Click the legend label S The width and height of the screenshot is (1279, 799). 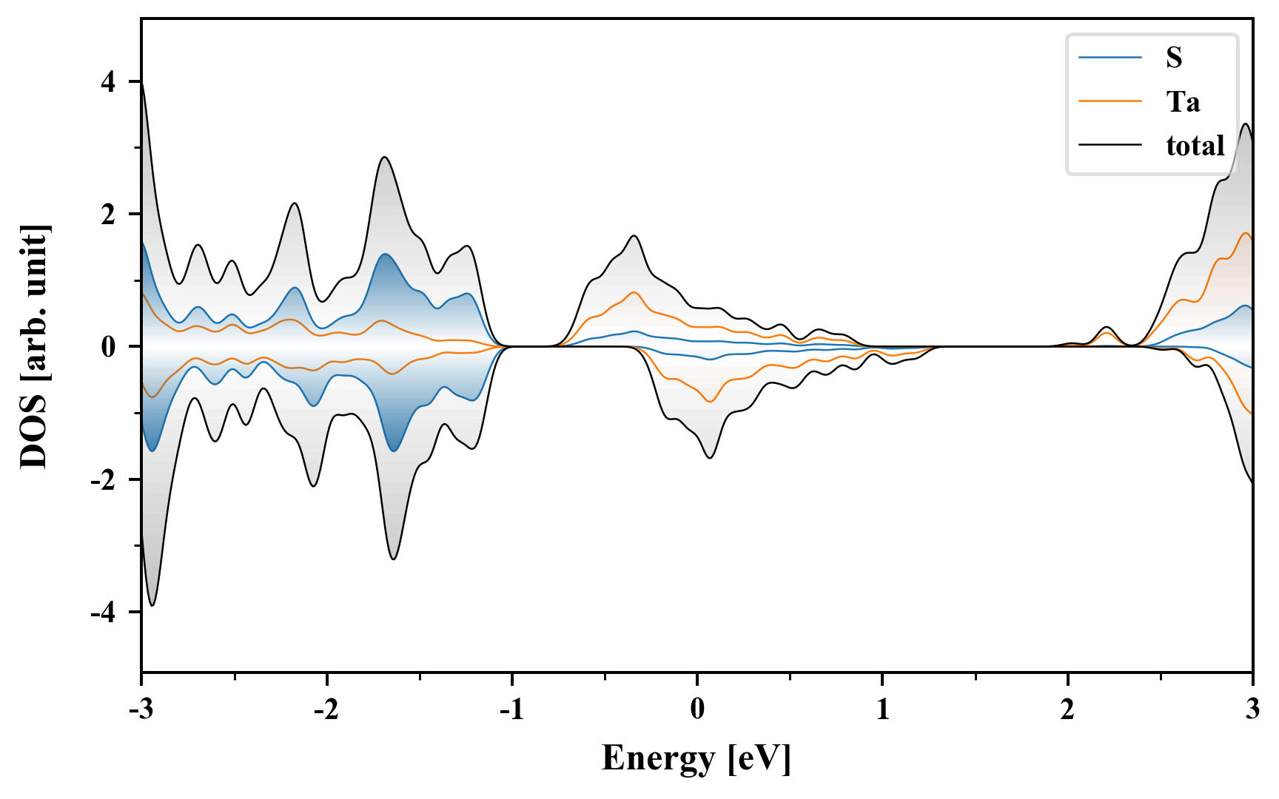point(1174,58)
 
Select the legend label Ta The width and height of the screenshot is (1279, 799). point(1183,101)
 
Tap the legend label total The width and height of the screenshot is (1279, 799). point(1195,146)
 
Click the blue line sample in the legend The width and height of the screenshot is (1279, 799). point(1110,58)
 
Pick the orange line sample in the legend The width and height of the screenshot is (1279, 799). point(1110,101)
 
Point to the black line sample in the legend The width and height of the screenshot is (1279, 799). point(1110,146)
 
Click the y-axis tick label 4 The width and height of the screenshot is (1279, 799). point(109,82)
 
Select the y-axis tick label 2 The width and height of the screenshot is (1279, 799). point(109,215)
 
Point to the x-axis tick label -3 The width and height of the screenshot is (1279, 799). point(141,709)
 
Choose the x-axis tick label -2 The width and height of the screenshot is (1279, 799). point(326,709)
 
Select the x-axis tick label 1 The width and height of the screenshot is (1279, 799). point(882,709)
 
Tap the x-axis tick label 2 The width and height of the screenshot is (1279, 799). point(1067,709)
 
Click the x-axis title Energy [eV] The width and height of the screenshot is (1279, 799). point(696,758)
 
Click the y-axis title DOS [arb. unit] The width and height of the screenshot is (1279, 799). point(34,346)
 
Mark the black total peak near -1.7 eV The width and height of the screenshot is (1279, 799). point(384,157)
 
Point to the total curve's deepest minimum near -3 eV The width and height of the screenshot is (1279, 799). point(152,605)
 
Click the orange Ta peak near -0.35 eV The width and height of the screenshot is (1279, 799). point(634,292)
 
